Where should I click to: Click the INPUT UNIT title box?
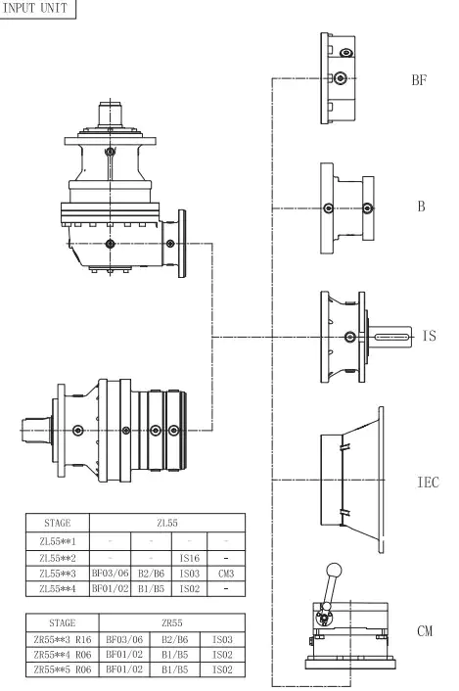36,9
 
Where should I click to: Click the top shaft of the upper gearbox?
110,111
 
